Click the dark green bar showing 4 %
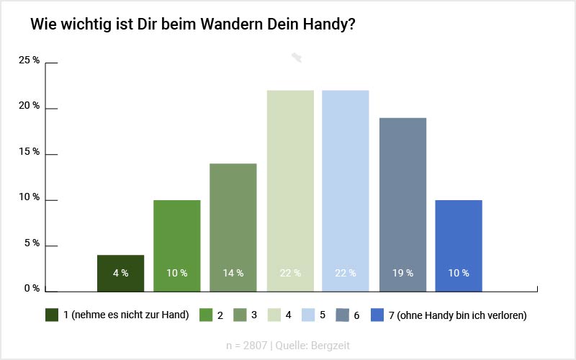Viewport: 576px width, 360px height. click(x=120, y=273)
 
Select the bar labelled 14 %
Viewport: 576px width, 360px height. click(x=233, y=227)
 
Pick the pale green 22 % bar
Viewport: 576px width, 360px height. click(x=290, y=191)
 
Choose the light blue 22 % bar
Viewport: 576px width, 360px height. click(x=345, y=191)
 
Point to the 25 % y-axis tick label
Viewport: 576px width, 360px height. click(x=30, y=60)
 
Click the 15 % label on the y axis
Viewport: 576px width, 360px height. click(x=30, y=152)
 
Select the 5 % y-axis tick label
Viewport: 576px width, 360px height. click(x=32, y=243)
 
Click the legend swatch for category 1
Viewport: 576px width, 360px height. click(x=51, y=315)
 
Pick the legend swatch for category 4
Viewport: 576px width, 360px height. click(x=273, y=315)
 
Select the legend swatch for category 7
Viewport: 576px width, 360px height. click(x=377, y=315)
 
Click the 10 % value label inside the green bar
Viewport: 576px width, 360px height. click(x=176, y=274)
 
